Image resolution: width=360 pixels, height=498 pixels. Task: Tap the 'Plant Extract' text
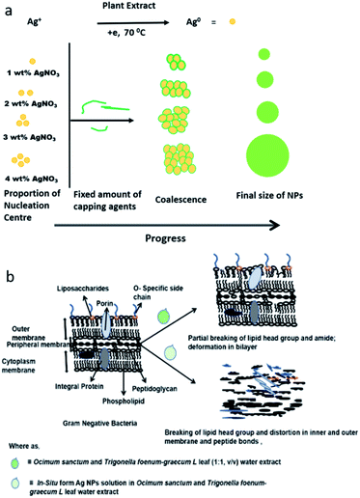146,7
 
